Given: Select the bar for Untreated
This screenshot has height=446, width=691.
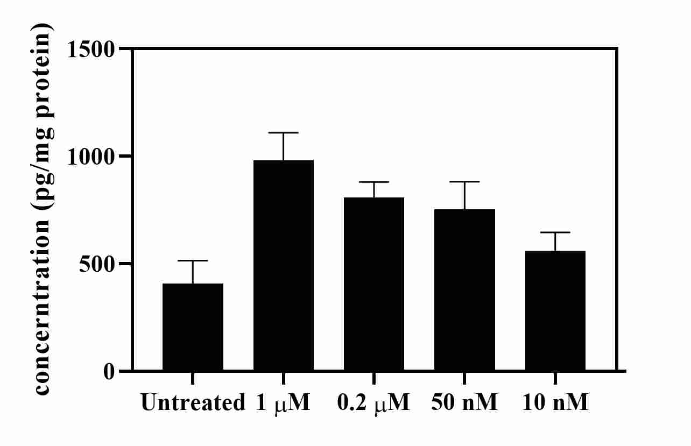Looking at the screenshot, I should click(x=193, y=327).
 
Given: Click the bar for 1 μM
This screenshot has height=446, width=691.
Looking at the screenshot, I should click(x=284, y=266).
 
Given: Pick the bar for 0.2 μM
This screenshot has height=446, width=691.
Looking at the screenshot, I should click(x=374, y=284).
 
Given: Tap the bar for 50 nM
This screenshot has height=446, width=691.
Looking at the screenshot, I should click(x=465, y=290).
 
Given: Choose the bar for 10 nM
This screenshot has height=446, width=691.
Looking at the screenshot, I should click(x=555, y=310).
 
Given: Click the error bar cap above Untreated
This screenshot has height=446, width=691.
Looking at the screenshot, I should click(x=193, y=261).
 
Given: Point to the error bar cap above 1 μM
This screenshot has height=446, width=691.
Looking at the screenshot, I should click(x=284, y=133).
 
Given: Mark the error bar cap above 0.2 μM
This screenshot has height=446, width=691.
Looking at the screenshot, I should click(x=374, y=182).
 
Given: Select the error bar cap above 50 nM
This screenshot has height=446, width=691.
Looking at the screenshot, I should click(x=465, y=182).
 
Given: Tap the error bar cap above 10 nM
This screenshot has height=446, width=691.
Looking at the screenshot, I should click(x=555, y=232).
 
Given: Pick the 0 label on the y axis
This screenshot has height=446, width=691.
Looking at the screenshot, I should click(x=109, y=371).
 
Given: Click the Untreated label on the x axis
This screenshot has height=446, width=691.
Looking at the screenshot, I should click(x=193, y=402).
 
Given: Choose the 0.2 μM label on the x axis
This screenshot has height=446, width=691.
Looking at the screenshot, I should click(x=374, y=402).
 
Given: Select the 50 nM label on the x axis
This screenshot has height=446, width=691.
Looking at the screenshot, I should click(x=465, y=402).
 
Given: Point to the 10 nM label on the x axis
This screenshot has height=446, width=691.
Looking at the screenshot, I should click(x=555, y=402).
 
